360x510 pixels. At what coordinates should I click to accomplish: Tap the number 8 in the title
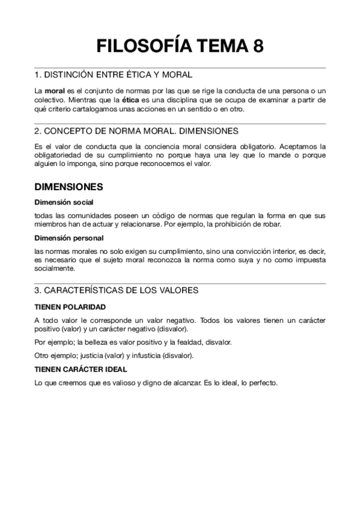pyautogui.click(x=258, y=46)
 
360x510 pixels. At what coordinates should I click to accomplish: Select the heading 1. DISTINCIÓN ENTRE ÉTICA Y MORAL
pyautogui.click(x=114, y=75)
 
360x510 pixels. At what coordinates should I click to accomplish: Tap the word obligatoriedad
pyautogui.click(x=60, y=155)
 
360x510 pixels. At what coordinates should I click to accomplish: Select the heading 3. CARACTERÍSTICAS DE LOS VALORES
pyautogui.click(x=116, y=290)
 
